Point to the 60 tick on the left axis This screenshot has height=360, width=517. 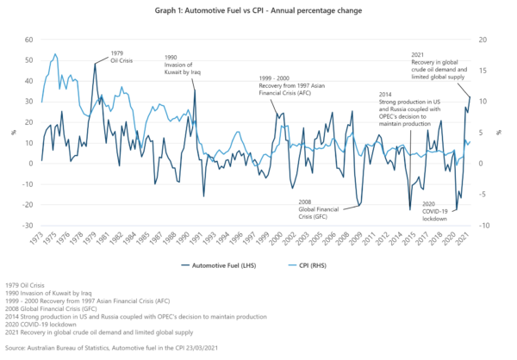tap(28, 40)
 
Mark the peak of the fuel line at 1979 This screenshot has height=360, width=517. tap(96, 63)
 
